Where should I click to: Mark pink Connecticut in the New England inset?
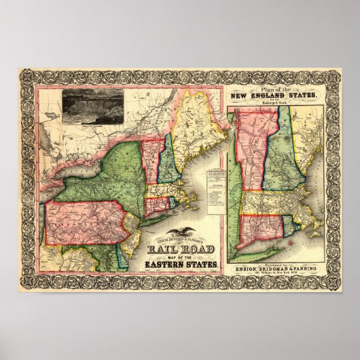pos(258,225)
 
